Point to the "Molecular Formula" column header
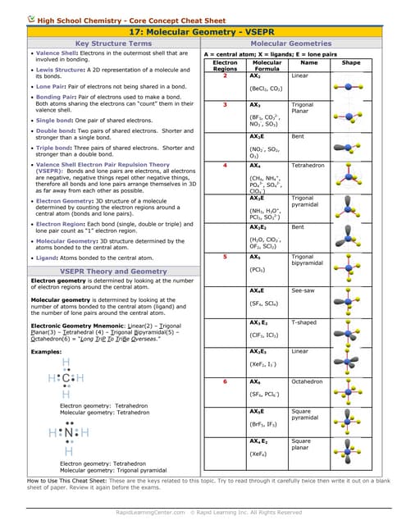coord(267,66)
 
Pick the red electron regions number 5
coord(225,258)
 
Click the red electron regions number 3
coord(225,105)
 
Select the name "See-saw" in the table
coord(304,291)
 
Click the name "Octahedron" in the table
coord(308,382)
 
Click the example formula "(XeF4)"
coord(259,454)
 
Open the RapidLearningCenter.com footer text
coord(148,513)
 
